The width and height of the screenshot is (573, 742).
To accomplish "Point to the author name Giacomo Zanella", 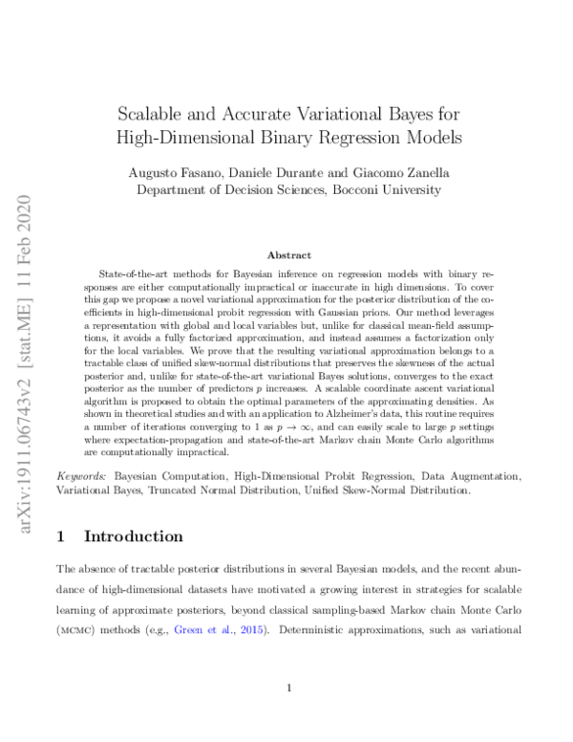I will click(393, 172).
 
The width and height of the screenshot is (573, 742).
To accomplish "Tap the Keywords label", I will click(81, 475).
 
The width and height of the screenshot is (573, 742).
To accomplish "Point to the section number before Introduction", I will click(63, 536).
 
